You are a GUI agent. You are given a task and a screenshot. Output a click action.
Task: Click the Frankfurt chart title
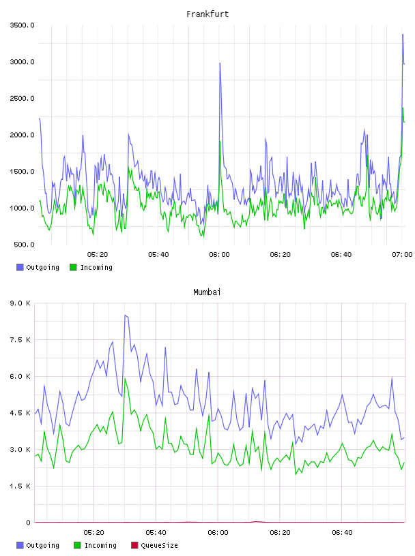click(207, 14)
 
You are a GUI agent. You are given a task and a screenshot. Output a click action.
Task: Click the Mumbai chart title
click(207, 292)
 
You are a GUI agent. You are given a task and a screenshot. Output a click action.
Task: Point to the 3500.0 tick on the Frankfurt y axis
click(22, 25)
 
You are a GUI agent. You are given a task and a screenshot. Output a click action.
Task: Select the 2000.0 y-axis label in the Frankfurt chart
click(22, 135)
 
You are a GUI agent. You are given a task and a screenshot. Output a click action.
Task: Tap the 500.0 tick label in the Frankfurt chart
click(24, 245)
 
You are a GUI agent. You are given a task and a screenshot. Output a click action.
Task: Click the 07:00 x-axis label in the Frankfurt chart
click(402, 254)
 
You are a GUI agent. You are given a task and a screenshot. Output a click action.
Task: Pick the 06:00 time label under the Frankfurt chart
click(219, 254)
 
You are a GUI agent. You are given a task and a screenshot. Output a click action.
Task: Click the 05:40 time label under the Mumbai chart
click(156, 532)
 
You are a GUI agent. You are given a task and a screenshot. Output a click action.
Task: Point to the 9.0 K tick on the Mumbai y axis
click(20, 303)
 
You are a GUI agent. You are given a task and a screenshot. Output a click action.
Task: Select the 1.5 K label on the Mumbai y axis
click(20, 486)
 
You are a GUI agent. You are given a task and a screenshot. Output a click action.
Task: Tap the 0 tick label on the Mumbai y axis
click(28, 523)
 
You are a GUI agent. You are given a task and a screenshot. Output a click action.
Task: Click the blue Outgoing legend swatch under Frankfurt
click(20, 267)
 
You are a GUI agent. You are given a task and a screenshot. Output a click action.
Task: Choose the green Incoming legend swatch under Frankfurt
click(73, 267)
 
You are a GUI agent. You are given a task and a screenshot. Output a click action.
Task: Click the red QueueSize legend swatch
click(134, 545)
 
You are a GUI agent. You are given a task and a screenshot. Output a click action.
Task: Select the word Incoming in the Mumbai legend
click(100, 545)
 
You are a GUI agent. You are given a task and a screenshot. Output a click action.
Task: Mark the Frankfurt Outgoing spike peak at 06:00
click(220, 63)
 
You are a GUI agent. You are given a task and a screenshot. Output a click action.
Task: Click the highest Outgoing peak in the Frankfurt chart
click(403, 34)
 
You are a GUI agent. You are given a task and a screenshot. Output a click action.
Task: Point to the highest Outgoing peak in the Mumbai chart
click(125, 315)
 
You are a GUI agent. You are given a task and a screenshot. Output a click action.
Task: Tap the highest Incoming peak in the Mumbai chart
click(125, 379)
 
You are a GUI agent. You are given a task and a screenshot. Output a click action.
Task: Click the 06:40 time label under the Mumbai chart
click(342, 532)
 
